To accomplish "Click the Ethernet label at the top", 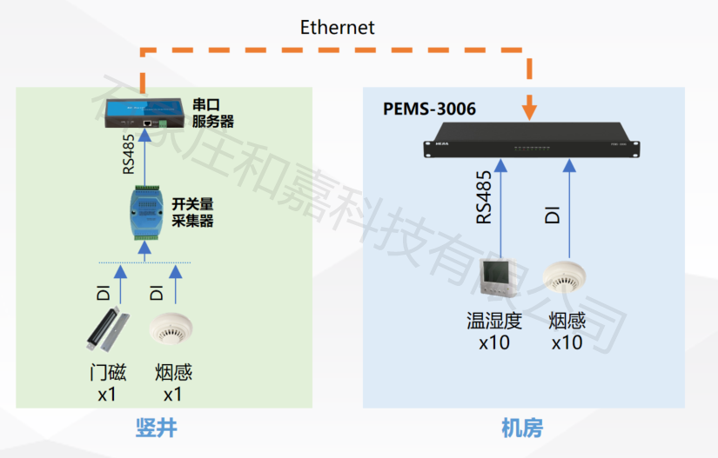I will (x=337, y=27).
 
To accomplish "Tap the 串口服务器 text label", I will (x=213, y=113).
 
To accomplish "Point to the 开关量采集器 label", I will (x=192, y=212).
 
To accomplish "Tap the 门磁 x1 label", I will (x=108, y=383).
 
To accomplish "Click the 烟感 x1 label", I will (x=173, y=383).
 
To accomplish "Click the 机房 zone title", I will (x=522, y=428).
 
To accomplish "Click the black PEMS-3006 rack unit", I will (x=532, y=146).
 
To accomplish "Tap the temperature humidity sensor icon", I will (x=499, y=279).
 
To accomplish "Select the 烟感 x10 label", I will (x=567, y=331).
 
